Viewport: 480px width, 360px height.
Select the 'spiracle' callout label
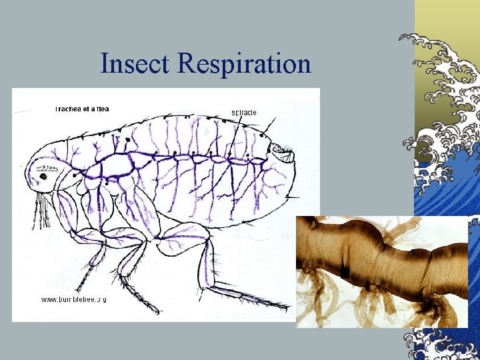[x=243, y=112]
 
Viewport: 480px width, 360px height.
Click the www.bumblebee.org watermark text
[x=74, y=299]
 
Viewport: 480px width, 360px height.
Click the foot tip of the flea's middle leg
[x=155, y=311]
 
